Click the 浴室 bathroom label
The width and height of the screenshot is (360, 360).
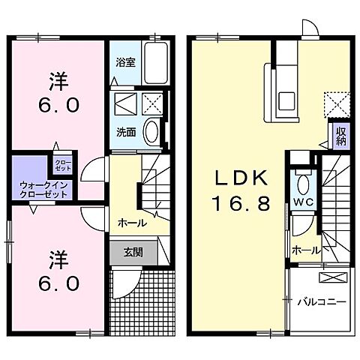click(126, 63)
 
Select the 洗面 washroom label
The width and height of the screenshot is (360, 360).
click(125, 132)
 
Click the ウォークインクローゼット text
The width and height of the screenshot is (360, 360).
click(43, 189)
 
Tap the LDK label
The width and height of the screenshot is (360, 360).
click(241, 178)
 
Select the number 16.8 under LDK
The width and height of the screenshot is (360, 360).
click(242, 203)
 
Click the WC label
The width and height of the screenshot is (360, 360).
click(302, 203)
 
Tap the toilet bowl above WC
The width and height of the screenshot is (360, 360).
click(302, 184)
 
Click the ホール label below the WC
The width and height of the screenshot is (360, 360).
click(307, 250)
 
